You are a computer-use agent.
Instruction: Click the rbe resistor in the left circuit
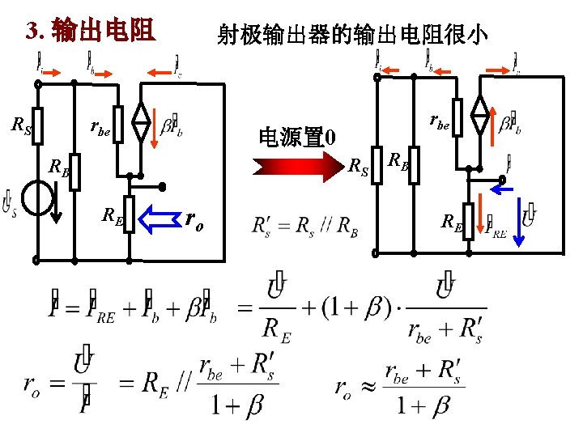tap(118, 125)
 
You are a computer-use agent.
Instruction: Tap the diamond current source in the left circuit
tap(142, 125)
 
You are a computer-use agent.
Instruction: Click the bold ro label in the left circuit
tap(194, 218)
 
